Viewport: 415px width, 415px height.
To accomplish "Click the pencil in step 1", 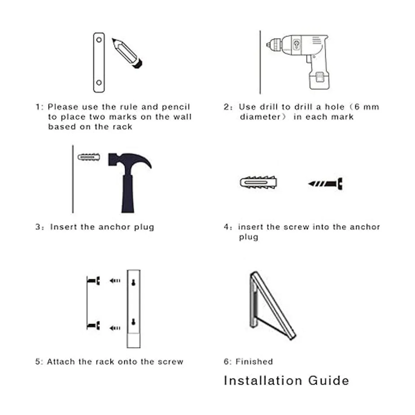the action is [x=127, y=53].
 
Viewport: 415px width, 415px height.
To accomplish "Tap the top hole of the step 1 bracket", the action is [x=99, y=40].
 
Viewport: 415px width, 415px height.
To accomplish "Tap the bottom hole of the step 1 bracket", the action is [x=99, y=83].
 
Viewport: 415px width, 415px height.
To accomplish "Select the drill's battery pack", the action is [x=320, y=80].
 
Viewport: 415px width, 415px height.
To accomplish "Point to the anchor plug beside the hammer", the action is [x=89, y=157].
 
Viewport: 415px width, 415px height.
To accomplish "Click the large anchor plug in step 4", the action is [x=258, y=183].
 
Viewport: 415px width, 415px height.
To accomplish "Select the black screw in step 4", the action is [x=325, y=184].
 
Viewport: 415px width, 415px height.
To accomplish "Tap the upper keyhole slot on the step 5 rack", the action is [x=133, y=282].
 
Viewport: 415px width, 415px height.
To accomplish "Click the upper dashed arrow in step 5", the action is [x=115, y=280].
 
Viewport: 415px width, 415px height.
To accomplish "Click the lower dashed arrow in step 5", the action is [x=115, y=328].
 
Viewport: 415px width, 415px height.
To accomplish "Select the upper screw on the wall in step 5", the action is [x=93, y=280].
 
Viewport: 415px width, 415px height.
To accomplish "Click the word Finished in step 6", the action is [x=254, y=362].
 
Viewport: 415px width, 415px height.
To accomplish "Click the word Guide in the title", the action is [x=329, y=381].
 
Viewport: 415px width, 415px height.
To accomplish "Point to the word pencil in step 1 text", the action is [x=176, y=107].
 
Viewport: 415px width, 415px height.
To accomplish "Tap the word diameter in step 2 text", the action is [x=260, y=117].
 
